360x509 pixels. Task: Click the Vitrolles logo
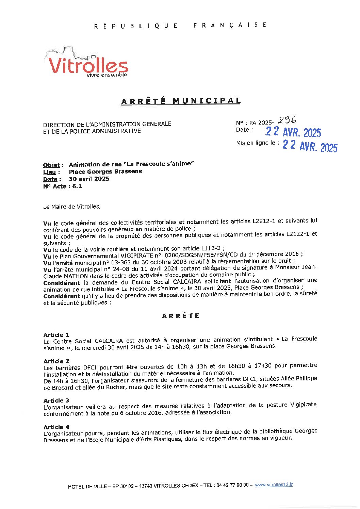[x=87, y=63]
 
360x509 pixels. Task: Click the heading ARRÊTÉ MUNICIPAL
[x=181, y=101]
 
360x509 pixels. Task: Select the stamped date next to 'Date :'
[x=293, y=132]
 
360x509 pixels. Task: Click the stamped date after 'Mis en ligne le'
[x=310, y=146]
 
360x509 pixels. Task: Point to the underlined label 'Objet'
[x=51, y=165]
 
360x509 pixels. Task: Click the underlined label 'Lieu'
[x=49, y=172]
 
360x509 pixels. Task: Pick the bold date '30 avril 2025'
[x=89, y=179]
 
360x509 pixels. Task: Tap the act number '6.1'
[x=77, y=186]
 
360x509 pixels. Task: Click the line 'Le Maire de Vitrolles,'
[x=72, y=207]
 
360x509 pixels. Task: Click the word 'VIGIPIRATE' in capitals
[x=138, y=256]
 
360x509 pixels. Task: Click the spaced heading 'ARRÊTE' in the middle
[x=181, y=316]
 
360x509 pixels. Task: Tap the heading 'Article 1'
[x=56, y=335]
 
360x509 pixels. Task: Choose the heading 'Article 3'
[x=56, y=400]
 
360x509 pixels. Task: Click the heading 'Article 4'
[x=56, y=427]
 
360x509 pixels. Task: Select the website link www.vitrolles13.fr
[x=274, y=485]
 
